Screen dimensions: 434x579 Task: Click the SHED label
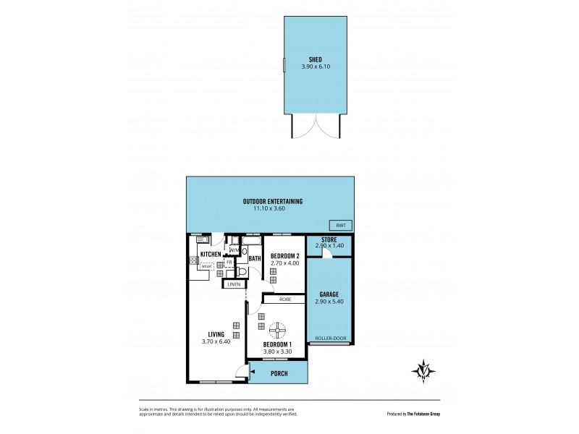[315, 61]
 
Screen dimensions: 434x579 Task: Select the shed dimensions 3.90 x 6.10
[315, 69]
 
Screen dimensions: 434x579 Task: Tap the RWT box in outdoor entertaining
[339, 224]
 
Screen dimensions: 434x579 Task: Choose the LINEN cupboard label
[233, 284]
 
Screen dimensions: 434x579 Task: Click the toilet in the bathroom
[242, 271]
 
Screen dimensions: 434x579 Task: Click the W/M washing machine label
[234, 250]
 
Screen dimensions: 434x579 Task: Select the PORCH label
[279, 373]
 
